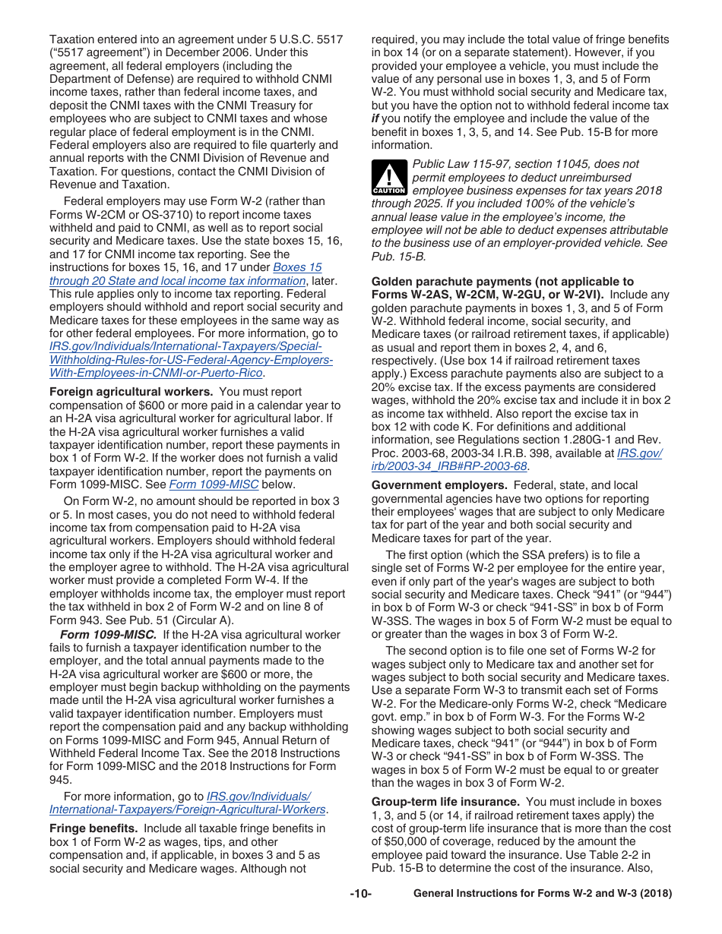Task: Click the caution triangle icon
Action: point(389,178)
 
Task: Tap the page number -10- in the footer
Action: point(360,894)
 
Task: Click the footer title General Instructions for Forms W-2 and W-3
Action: point(542,894)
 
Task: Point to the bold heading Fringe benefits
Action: point(95,828)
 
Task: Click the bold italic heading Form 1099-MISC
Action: point(109,634)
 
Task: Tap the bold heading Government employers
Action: point(439,485)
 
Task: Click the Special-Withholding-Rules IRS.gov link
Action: point(190,360)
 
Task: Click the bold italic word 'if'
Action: point(375,118)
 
